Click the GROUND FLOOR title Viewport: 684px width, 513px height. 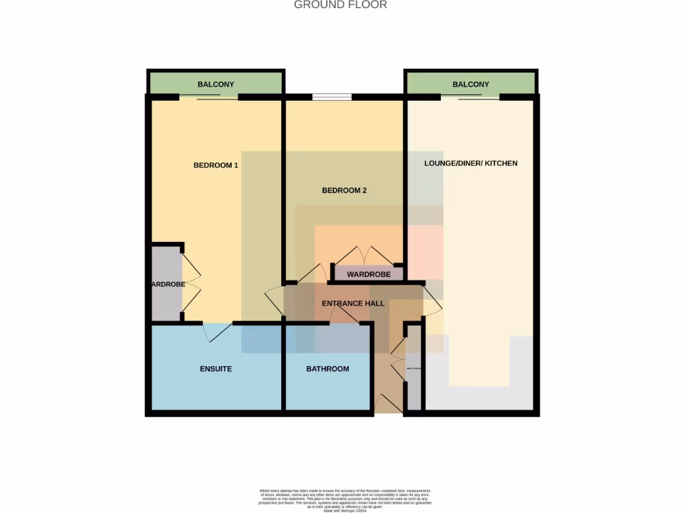(341, 5)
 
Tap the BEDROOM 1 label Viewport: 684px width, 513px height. (216, 165)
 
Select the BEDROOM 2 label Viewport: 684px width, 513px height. (344, 190)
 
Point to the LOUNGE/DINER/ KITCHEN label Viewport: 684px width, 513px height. (470, 163)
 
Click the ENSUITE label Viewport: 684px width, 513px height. (216, 369)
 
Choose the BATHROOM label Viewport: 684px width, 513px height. (327, 369)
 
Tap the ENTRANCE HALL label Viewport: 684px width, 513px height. (353, 303)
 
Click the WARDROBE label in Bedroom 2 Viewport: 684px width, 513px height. (369, 274)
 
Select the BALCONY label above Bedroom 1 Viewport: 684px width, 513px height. (216, 84)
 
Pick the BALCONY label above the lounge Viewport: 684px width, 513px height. (470, 84)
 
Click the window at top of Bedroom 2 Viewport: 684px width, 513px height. (332, 98)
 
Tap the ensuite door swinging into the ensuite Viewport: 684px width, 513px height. (217, 331)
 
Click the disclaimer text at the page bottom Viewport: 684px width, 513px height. (345, 500)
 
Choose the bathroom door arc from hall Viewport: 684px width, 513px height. (344, 315)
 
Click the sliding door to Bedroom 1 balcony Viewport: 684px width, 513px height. (208, 98)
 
